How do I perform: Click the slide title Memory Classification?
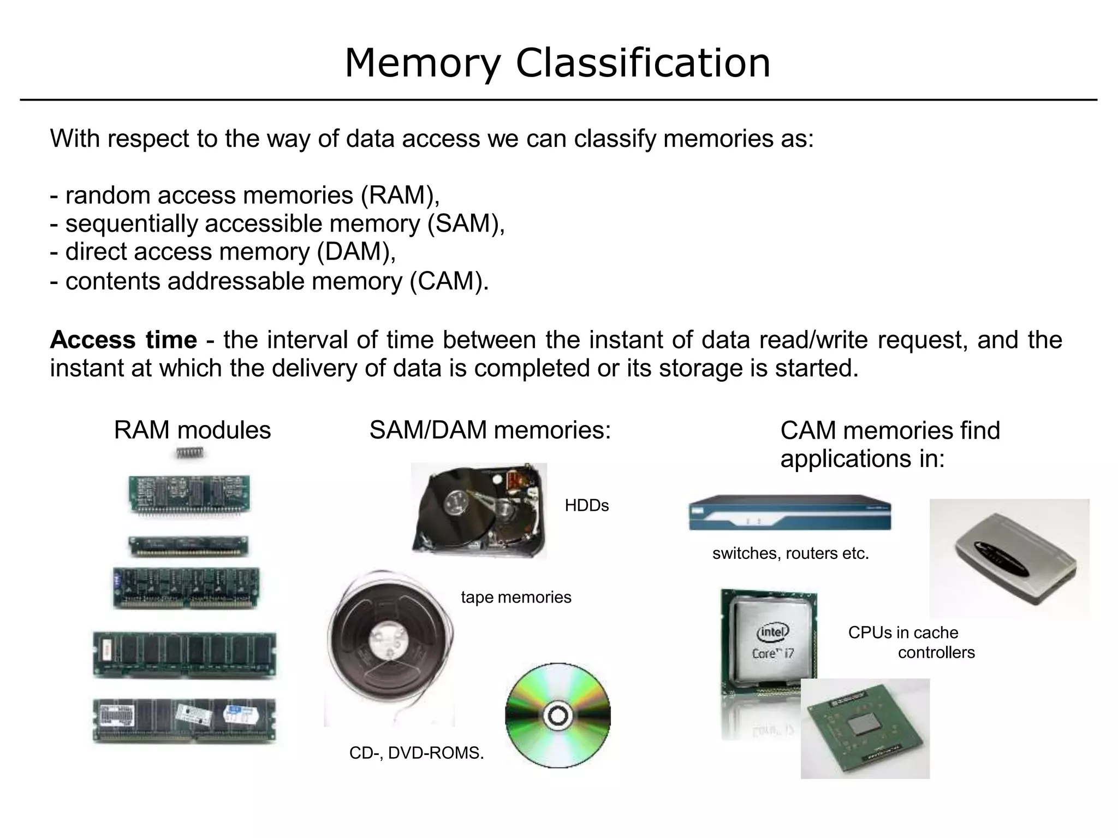[557, 63]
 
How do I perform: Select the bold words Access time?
[123, 340]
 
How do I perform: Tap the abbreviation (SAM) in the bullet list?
[465, 223]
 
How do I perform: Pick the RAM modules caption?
[192, 430]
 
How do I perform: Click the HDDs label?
[586, 506]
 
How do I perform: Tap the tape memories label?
[516, 597]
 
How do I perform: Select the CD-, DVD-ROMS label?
[417, 753]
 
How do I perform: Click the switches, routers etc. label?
[790, 553]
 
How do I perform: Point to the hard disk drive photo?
[479, 510]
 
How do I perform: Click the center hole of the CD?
[557, 716]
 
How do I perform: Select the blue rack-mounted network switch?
[789, 513]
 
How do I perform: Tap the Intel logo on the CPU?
[772, 632]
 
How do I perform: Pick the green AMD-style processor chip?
[865, 729]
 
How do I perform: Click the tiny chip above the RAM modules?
[189, 453]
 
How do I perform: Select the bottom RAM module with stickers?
[184, 721]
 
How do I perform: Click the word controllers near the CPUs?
[936, 652]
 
